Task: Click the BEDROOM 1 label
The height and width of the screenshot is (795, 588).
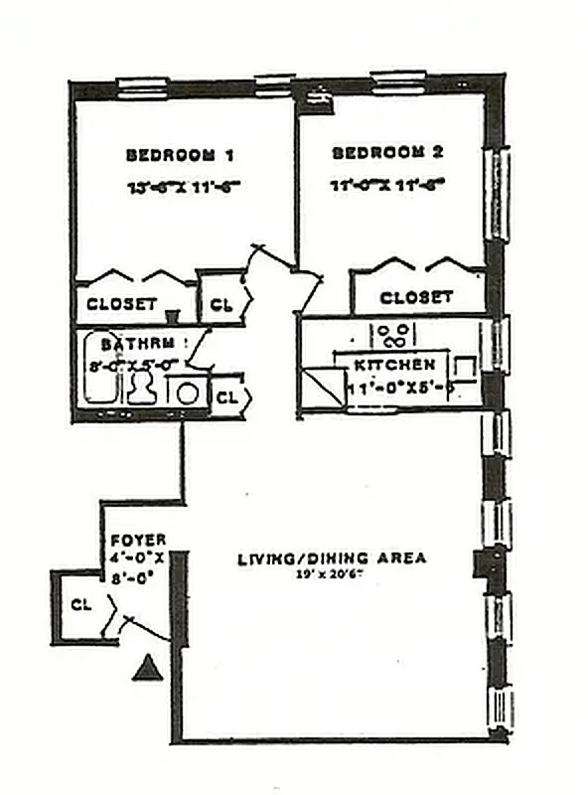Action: click(x=179, y=155)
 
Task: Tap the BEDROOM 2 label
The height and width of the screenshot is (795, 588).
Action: click(x=386, y=153)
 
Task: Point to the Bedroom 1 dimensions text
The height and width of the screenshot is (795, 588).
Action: click(x=184, y=186)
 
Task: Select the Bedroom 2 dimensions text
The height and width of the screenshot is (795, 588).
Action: click(x=386, y=185)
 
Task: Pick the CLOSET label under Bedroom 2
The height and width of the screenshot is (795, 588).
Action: click(x=416, y=297)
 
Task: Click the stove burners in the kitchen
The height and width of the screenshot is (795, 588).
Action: click(x=391, y=334)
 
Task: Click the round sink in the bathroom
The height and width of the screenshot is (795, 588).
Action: click(x=186, y=392)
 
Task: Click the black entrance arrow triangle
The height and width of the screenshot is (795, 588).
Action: click(x=146, y=668)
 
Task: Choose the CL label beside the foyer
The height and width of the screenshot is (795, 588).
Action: click(x=80, y=603)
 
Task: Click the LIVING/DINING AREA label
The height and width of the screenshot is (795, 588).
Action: click(x=331, y=557)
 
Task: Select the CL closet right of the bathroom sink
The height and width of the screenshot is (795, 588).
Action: click(x=227, y=397)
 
